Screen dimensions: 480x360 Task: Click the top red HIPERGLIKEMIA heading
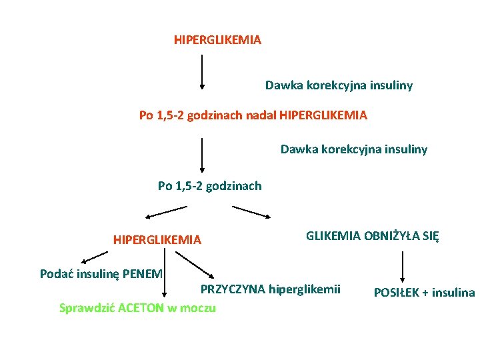click(217, 40)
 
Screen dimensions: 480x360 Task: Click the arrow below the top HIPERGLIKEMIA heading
click(202, 72)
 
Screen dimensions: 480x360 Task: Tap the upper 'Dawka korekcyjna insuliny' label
click(339, 85)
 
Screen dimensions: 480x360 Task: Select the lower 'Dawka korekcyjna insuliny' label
click(353, 149)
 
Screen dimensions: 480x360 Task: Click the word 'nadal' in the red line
click(261, 115)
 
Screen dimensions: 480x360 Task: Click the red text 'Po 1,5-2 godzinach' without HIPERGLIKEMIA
click(209, 186)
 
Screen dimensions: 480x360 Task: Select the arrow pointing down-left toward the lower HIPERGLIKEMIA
click(167, 212)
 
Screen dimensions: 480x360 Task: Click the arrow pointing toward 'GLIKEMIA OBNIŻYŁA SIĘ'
click(251, 212)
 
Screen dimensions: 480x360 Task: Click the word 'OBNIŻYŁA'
click(389, 235)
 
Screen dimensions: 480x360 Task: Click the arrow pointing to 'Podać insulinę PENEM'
click(94, 257)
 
